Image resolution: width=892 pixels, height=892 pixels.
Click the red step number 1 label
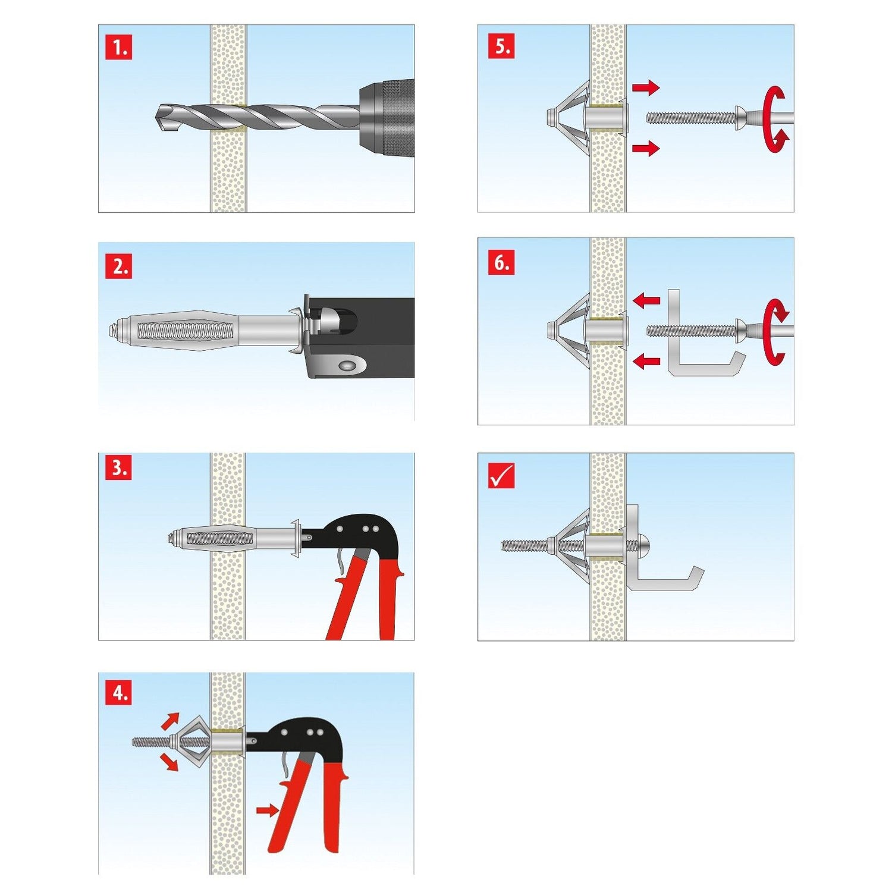[x=118, y=47]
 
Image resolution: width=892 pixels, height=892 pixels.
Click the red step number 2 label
[x=118, y=266]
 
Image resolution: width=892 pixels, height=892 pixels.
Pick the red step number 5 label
[x=501, y=46]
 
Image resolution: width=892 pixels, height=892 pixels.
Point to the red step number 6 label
[x=501, y=262]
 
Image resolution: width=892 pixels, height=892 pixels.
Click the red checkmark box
[x=501, y=475]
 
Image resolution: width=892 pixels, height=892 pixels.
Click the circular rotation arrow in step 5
[x=775, y=119]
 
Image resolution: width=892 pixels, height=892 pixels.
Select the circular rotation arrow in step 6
[x=775, y=332]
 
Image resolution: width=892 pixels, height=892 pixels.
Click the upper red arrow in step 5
[x=646, y=88]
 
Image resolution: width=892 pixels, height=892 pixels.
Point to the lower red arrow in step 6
[x=646, y=360]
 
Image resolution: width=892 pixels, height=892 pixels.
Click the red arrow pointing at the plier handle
[x=268, y=809]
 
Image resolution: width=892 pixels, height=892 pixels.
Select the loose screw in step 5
[x=690, y=118]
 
